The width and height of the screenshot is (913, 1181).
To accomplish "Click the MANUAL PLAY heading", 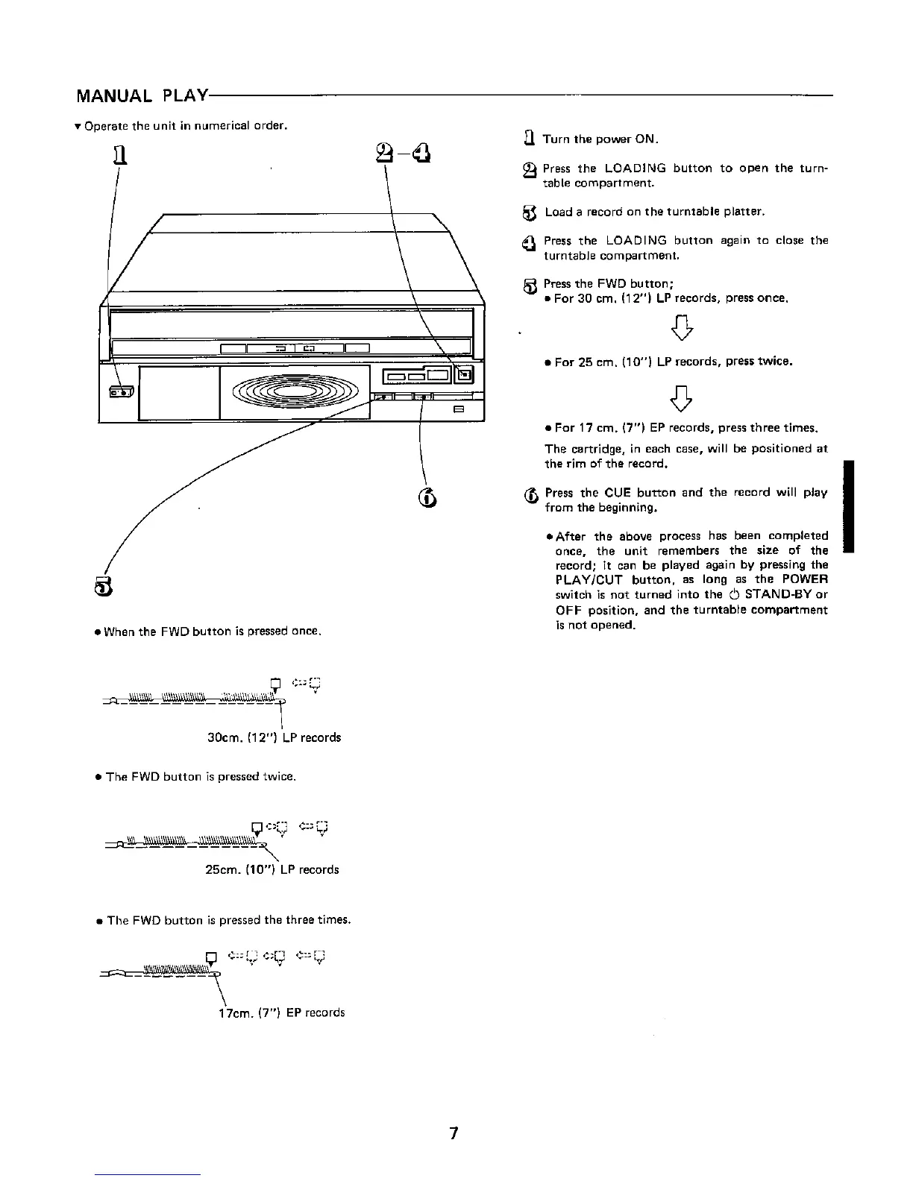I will [x=142, y=97].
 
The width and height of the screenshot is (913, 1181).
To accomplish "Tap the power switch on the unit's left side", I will [x=122, y=391].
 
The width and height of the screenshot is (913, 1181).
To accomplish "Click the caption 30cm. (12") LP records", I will [x=273, y=737].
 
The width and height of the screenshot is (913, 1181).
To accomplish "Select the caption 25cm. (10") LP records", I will [x=272, y=869].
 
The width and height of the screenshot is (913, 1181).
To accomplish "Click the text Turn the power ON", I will [x=600, y=139].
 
